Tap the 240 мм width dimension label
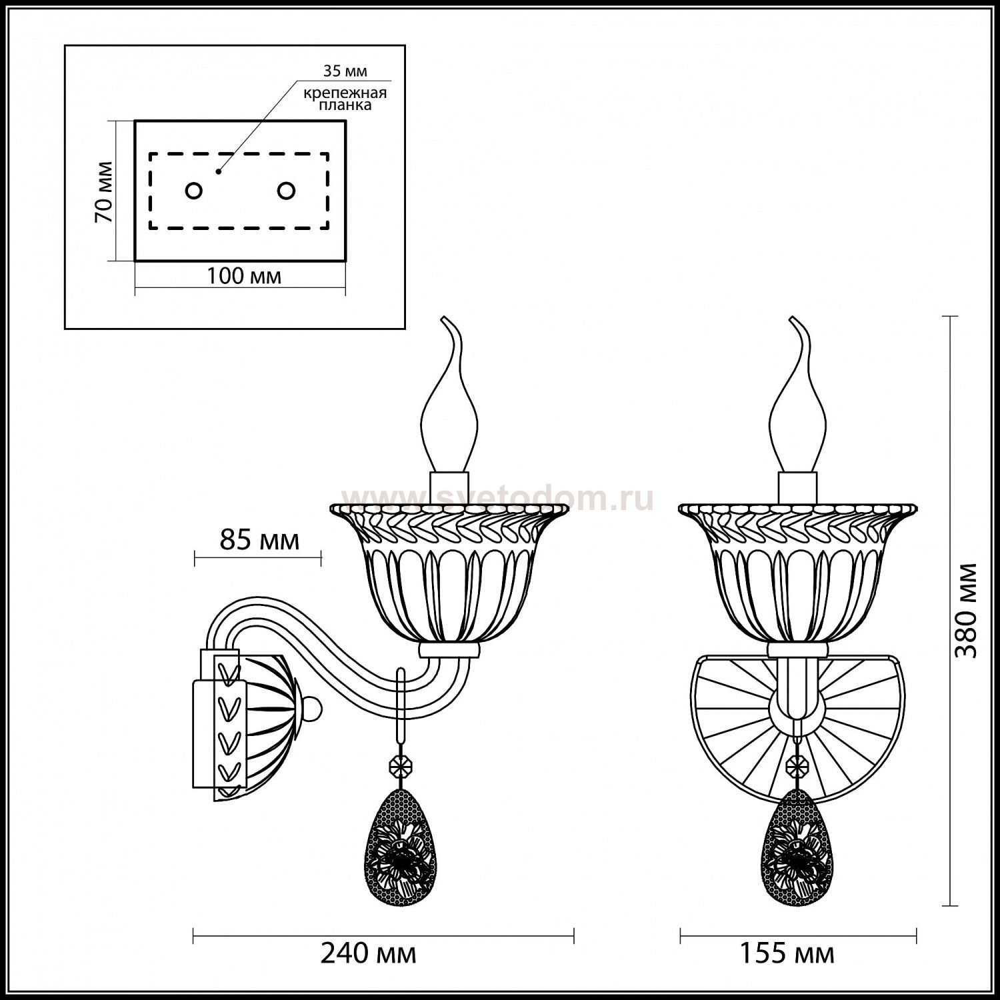369,954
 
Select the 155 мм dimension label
787,954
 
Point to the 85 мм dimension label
260,540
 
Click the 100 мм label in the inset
243,276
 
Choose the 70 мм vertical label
103,192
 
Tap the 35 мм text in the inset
345,71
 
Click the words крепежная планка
345,99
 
